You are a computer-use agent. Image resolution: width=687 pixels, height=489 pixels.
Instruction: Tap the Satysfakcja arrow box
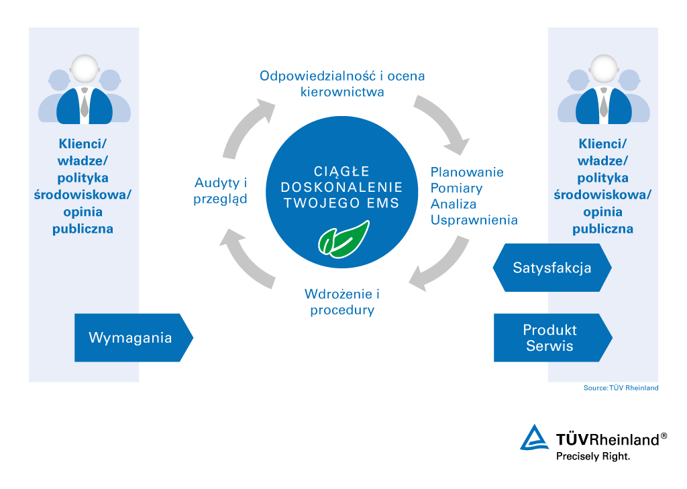tap(552, 268)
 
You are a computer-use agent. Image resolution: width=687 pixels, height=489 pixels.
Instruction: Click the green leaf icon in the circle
tap(343, 239)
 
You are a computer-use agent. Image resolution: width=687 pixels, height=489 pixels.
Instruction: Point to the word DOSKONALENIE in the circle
tap(342, 187)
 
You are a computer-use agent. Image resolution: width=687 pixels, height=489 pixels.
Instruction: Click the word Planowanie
tap(467, 172)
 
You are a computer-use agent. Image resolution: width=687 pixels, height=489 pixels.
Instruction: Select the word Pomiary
tap(457, 188)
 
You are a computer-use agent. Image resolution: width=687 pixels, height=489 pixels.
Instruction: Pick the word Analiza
tap(454, 203)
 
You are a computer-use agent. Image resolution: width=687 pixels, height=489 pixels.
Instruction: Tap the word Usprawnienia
tap(474, 219)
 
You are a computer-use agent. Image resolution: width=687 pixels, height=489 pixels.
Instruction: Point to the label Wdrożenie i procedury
tap(342, 302)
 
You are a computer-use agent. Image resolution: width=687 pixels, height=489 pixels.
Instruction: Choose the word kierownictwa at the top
tap(342, 92)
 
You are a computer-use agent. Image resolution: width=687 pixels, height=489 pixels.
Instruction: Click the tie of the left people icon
tap(85, 103)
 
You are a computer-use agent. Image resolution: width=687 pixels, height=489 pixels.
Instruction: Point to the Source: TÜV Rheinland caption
tap(621, 388)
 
